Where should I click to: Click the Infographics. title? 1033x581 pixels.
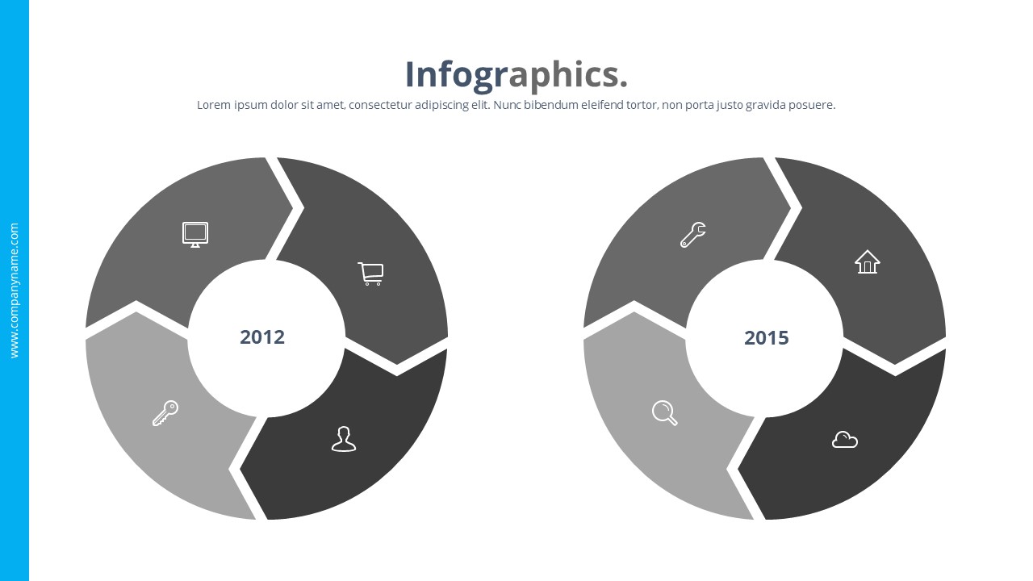point(516,74)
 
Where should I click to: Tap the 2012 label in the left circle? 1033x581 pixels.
point(262,336)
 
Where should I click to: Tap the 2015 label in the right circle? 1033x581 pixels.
point(766,337)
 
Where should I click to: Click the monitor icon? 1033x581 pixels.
point(194,234)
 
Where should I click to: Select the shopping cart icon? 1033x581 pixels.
point(370,274)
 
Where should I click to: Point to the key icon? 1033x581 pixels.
point(165,413)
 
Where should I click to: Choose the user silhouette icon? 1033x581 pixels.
point(344,439)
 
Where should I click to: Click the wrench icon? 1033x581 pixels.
point(693,235)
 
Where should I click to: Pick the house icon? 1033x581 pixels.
point(868,261)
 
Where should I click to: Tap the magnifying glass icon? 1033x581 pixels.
point(664,413)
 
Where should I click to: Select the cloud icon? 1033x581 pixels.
point(844,440)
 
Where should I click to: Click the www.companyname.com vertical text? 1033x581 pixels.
point(14,290)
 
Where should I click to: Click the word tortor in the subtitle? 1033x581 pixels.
point(642,105)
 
